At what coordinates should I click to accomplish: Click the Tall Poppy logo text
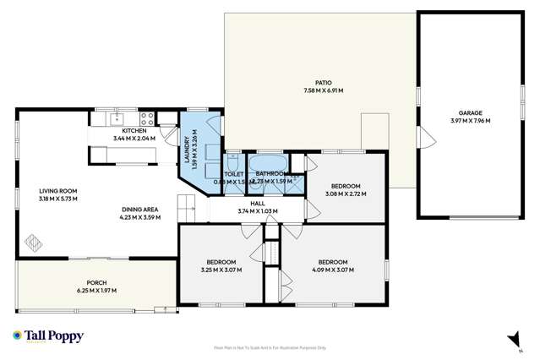pos(54,336)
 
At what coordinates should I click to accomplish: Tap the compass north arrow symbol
pos(511,339)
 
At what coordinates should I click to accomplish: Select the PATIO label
pos(323,83)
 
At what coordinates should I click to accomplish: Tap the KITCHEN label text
pos(134,131)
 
